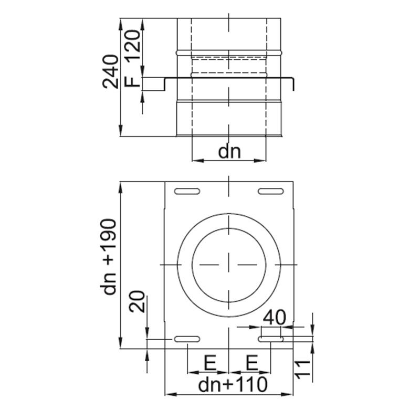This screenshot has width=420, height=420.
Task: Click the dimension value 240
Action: coord(111,71)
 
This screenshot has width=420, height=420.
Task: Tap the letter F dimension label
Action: coord(134,82)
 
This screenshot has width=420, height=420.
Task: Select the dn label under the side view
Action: coord(229,152)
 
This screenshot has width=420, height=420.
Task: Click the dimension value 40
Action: coord(274,318)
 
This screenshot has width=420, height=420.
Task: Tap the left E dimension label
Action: coord(209,362)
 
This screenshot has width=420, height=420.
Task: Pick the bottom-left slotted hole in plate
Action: coord(187,339)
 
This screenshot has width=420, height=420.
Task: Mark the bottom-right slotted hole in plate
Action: coord(271,340)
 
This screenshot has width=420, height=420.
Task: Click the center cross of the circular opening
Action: coord(229,265)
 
